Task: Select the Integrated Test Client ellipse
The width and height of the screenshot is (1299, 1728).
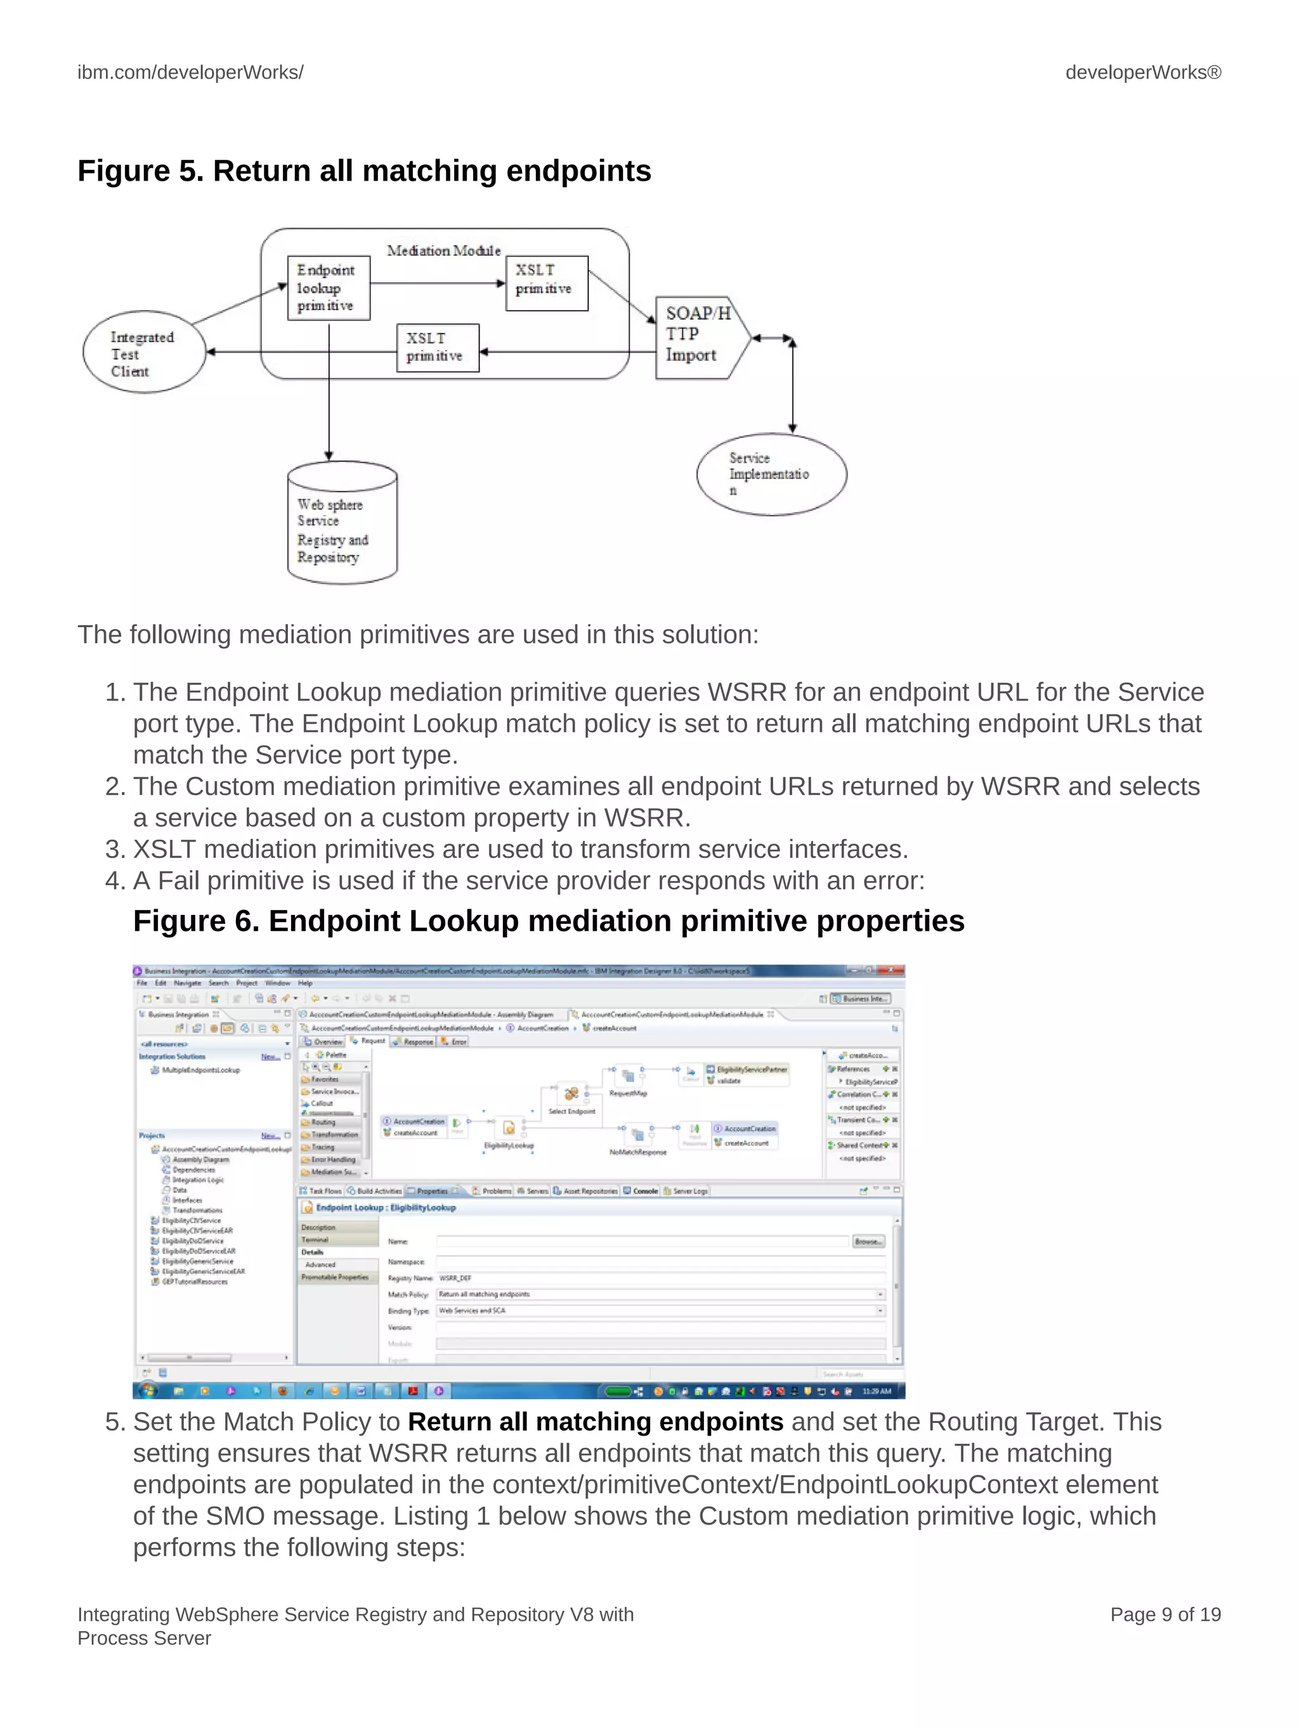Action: click(x=144, y=353)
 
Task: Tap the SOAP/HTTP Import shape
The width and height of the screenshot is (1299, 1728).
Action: click(x=697, y=337)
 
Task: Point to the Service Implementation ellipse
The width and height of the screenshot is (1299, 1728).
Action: click(x=771, y=474)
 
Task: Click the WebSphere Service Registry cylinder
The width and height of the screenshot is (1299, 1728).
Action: click(x=343, y=523)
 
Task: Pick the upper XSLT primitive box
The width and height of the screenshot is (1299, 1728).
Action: click(x=546, y=283)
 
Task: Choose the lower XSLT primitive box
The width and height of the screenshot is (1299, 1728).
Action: click(x=437, y=348)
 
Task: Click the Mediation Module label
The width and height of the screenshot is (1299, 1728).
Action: click(x=443, y=250)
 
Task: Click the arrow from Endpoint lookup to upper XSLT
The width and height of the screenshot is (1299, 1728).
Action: click(x=438, y=283)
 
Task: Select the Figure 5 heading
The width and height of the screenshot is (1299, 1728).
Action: click(x=364, y=171)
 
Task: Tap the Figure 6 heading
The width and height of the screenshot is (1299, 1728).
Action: click(x=549, y=921)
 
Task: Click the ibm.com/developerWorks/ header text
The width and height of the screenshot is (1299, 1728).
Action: click(x=190, y=73)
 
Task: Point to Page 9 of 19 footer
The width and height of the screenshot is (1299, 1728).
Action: click(x=1165, y=1614)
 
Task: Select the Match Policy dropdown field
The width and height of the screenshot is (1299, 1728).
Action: click(x=660, y=1294)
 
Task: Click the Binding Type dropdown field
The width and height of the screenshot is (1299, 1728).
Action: click(x=660, y=1311)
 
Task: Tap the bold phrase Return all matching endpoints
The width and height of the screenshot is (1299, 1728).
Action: click(x=596, y=1422)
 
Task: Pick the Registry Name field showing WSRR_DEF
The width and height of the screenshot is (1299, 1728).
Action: click(x=660, y=1278)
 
